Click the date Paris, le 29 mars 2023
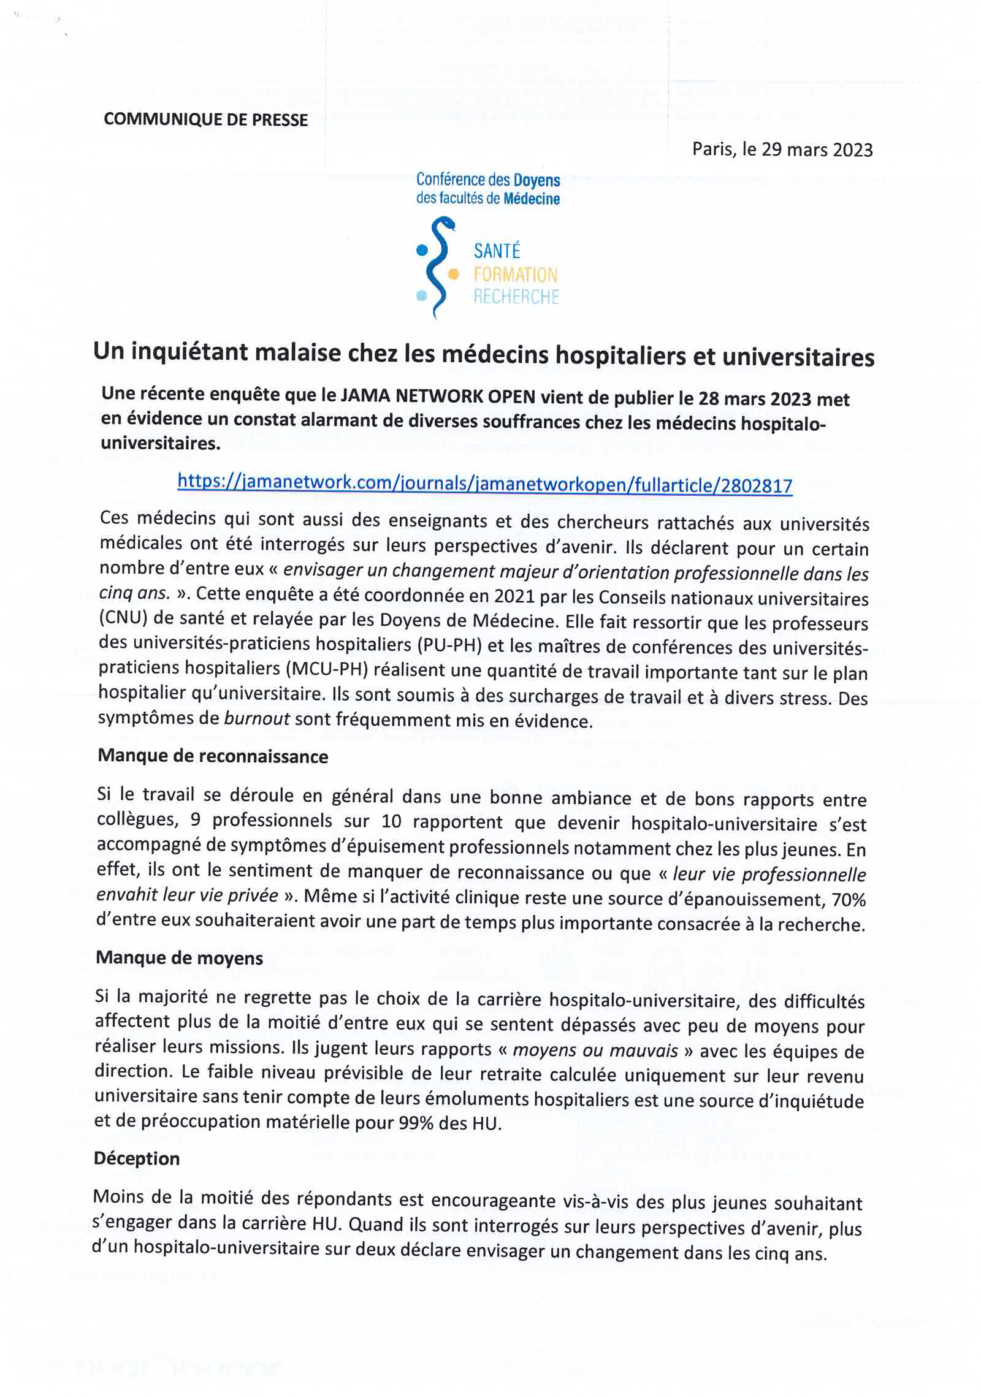(782, 150)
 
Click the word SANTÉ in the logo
(497, 251)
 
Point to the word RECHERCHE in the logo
(516, 297)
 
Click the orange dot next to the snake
(454, 274)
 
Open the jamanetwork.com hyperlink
(484, 484)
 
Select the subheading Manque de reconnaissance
(213, 756)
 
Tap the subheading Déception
(137, 1158)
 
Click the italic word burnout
(257, 720)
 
